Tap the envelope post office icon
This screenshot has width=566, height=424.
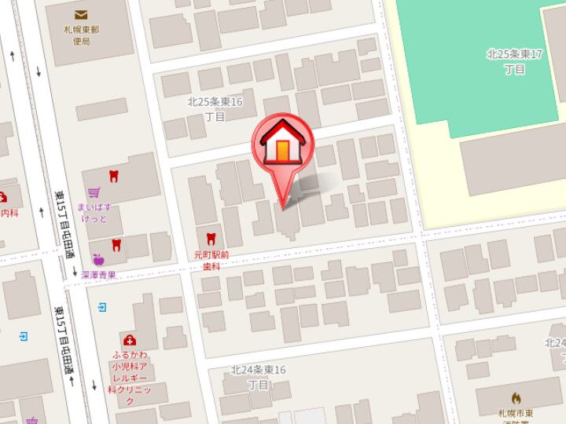(82, 15)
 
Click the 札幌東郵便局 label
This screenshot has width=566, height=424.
(80, 35)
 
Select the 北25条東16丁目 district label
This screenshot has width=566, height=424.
(215, 108)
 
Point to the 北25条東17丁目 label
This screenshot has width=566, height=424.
(516, 61)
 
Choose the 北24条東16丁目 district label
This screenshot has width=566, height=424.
(258, 377)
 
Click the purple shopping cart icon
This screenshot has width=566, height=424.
(94, 192)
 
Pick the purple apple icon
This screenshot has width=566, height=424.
(97, 259)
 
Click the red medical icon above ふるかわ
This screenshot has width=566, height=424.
(130, 340)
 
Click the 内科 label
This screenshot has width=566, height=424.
(9, 212)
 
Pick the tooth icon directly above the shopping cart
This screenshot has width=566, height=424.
(113, 176)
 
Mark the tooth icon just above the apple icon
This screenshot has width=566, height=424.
(116, 244)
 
